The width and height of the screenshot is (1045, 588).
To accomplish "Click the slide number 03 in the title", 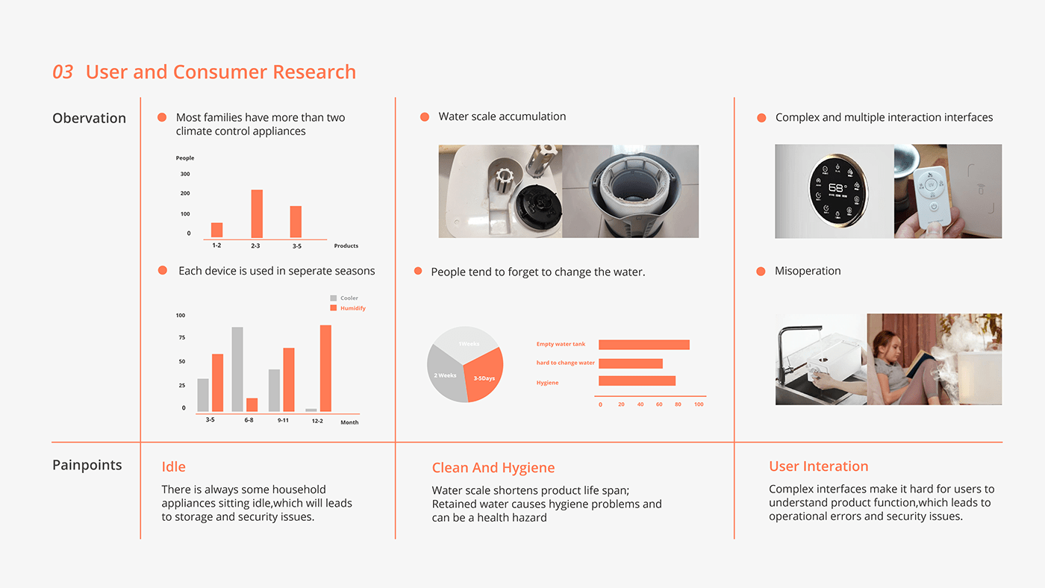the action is (63, 72).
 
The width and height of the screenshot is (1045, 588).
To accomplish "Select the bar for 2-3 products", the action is (257, 214).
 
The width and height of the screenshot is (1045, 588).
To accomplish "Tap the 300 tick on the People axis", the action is (185, 174).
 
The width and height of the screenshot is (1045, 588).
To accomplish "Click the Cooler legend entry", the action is (344, 298).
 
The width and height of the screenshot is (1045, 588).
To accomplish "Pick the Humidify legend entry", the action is (348, 308).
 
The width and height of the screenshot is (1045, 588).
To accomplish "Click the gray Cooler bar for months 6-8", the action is (237, 369).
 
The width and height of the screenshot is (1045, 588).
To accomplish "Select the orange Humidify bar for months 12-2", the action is (325, 369).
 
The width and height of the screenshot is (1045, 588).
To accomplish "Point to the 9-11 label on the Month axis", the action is (283, 420).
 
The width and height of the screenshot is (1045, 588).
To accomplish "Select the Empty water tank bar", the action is (644, 345).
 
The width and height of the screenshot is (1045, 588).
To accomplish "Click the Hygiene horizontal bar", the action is (637, 381).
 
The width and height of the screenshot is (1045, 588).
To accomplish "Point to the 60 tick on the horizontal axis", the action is (659, 404).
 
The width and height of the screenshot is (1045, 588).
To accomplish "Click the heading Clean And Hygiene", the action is (493, 468).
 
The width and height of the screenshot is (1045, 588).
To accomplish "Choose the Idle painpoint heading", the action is (173, 467).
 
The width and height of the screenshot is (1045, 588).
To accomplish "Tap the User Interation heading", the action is (819, 466).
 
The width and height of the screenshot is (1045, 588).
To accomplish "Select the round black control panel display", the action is (837, 190).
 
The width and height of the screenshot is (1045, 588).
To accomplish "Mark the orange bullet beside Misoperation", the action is (761, 272).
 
